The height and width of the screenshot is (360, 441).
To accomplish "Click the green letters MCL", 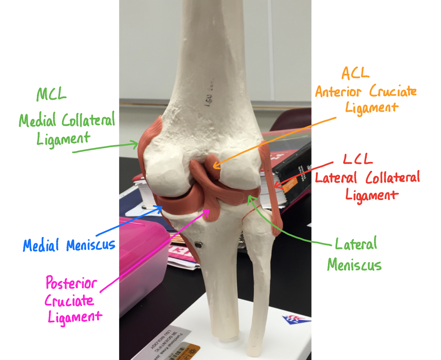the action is click(51, 95).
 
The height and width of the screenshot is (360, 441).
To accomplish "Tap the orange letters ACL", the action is click(355, 73).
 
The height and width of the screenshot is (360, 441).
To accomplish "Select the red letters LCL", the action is click(358, 158).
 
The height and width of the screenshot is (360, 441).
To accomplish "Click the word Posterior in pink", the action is click(71, 284).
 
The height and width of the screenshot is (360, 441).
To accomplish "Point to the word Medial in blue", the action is click(41, 245).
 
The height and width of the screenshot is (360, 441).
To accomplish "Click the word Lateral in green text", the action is click(356, 244).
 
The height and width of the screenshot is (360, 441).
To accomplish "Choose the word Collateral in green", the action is click(88, 119).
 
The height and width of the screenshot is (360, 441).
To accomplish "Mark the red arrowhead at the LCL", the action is click(277, 185).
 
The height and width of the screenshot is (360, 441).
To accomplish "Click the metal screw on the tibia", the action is click(198, 243).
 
